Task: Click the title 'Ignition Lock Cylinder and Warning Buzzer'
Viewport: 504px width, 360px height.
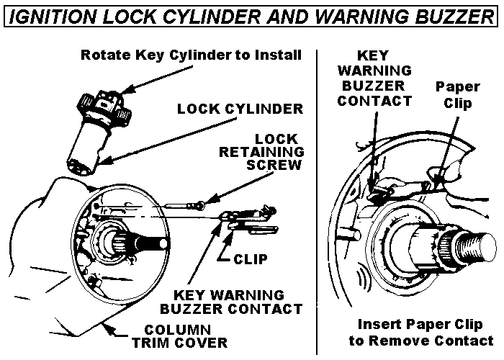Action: [x=252, y=16]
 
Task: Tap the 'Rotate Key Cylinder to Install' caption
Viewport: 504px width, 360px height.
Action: [x=191, y=55]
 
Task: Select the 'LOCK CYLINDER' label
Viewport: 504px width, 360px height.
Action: [x=240, y=109]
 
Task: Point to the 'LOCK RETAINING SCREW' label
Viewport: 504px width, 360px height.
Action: [x=261, y=152]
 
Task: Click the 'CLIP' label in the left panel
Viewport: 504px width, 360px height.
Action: [x=251, y=259]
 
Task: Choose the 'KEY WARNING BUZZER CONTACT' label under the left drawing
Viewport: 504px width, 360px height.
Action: [x=231, y=302]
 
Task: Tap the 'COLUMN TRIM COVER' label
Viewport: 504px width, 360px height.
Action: [x=179, y=336]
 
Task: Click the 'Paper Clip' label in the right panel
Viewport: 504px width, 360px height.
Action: [x=457, y=95]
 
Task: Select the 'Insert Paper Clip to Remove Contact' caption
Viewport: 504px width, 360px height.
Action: [x=421, y=333]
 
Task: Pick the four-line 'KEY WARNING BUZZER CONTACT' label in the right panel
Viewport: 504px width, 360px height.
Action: [x=374, y=78]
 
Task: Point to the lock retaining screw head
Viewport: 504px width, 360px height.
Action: [x=201, y=204]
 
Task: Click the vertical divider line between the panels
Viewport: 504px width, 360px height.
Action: [x=317, y=202]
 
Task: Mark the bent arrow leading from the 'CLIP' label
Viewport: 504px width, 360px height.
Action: [x=225, y=248]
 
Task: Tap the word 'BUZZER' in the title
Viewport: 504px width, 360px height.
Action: [x=454, y=16]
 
